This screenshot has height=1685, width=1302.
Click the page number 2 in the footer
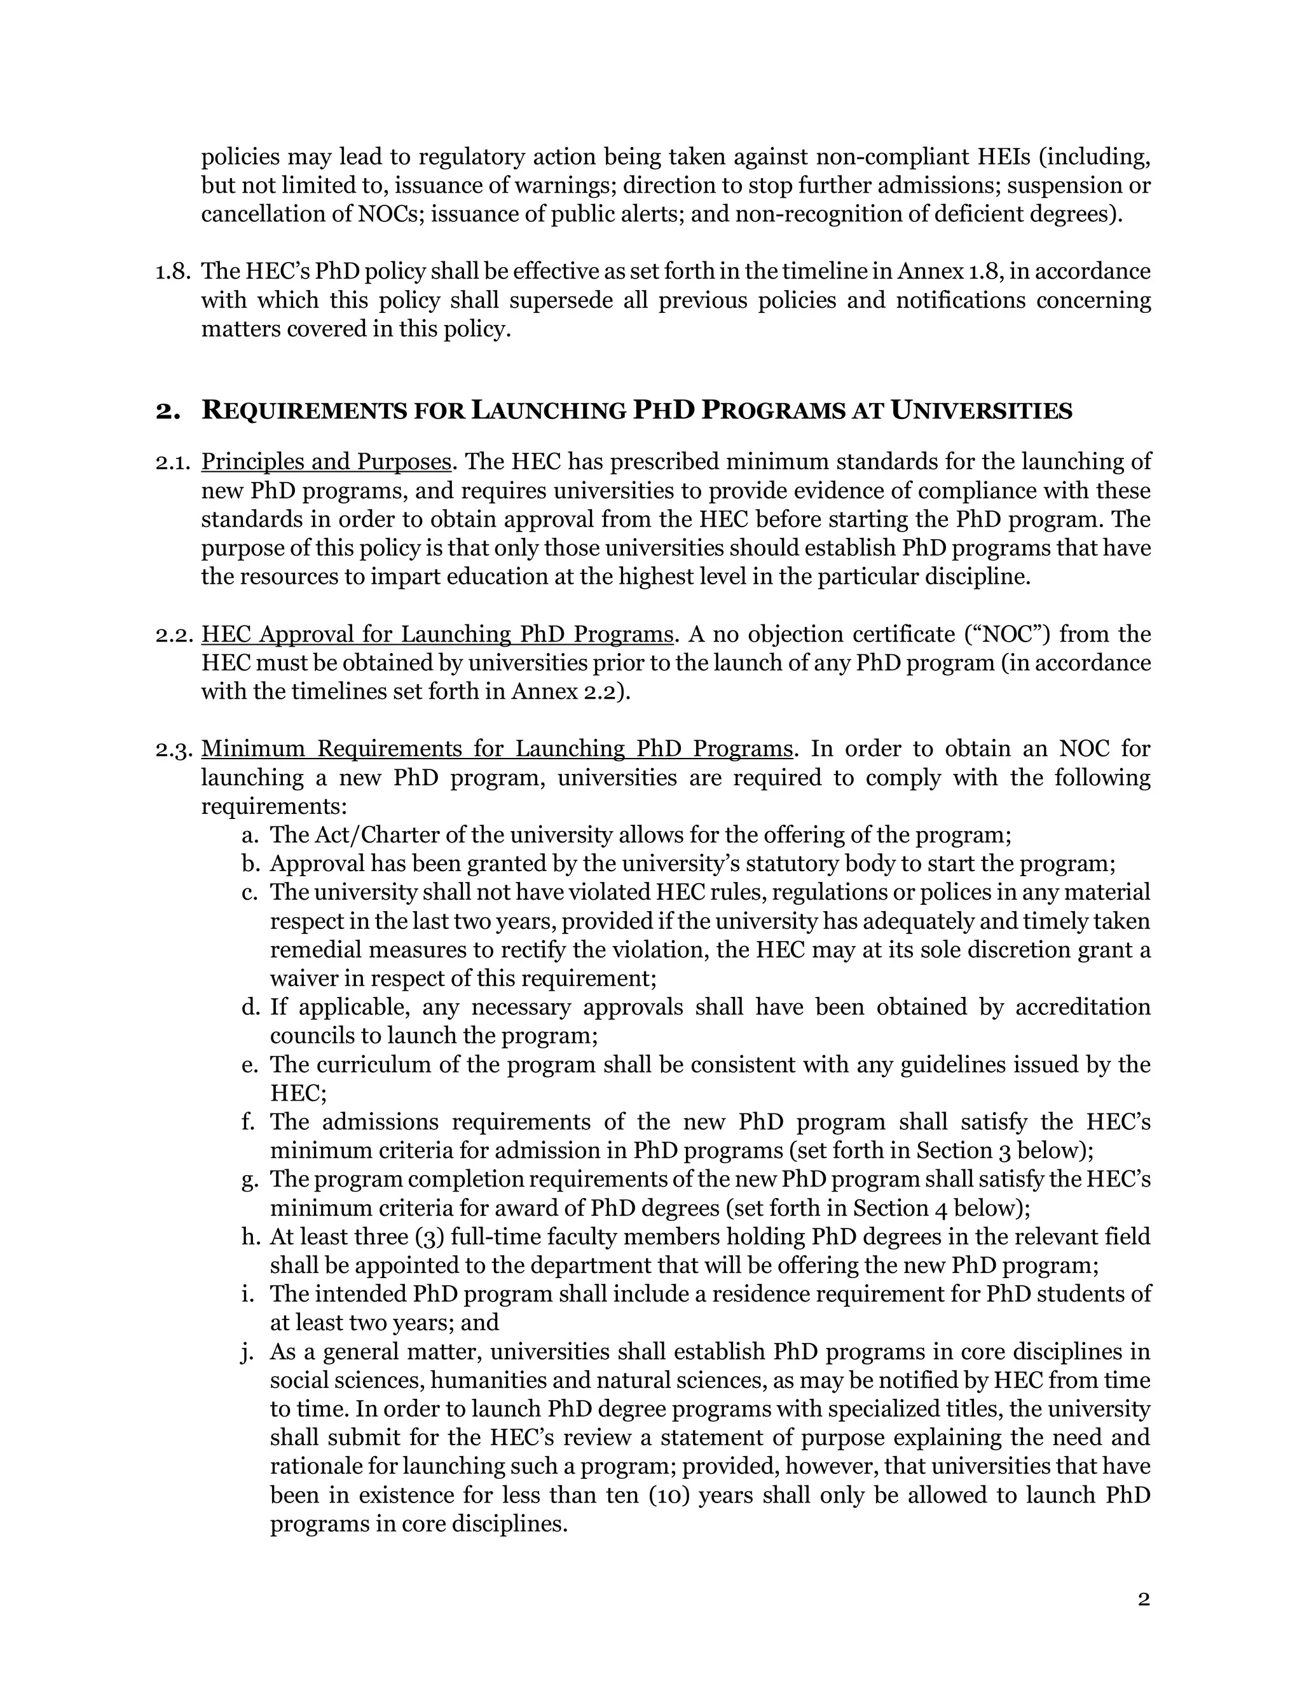click(x=1143, y=1599)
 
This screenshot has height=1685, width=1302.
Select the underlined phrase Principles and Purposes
click(x=325, y=462)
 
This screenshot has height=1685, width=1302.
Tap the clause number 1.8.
click(x=171, y=272)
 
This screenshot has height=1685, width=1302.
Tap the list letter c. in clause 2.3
click(x=249, y=893)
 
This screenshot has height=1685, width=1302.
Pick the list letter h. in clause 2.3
click(x=249, y=1237)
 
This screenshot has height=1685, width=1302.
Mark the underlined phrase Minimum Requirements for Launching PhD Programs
click(x=497, y=749)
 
